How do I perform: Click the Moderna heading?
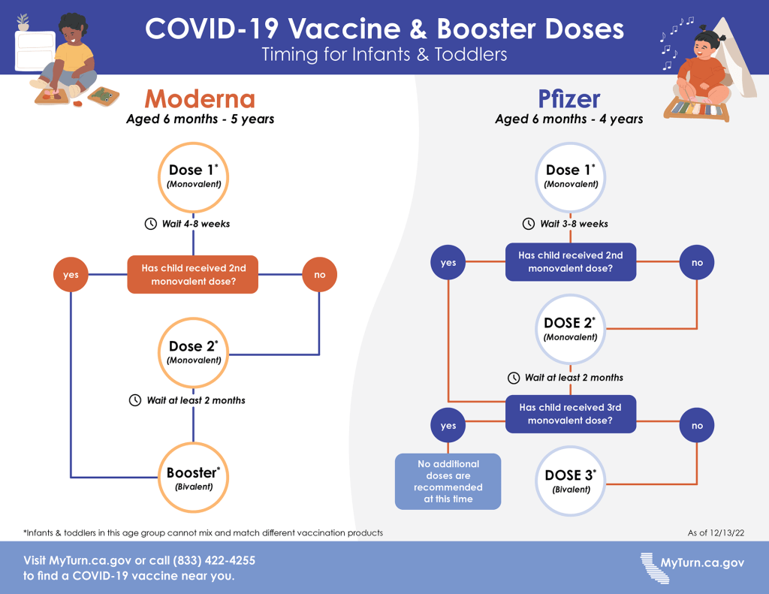(x=200, y=99)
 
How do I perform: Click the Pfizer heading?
(x=568, y=99)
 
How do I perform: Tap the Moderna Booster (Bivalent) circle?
(x=194, y=478)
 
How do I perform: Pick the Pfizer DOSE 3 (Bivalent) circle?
(x=570, y=481)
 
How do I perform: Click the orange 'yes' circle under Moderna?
(x=71, y=275)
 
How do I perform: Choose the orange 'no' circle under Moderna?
(x=319, y=275)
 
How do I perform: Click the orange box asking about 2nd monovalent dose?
(x=194, y=275)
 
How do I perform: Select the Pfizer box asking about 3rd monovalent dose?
(x=570, y=414)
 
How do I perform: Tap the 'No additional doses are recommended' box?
(x=448, y=481)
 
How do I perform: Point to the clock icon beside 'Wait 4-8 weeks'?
(x=150, y=224)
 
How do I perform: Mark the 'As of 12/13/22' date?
(x=716, y=533)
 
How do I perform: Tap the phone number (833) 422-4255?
(x=214, y=560)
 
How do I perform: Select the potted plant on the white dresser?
(x=23, y=23)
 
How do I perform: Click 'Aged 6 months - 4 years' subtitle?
(x=568, y=119)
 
